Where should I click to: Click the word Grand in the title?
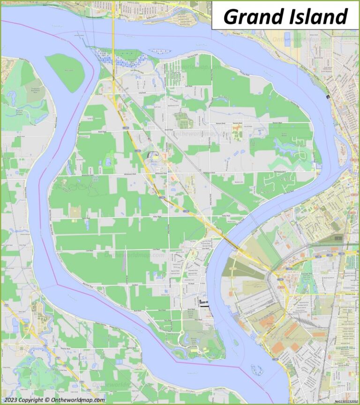247,16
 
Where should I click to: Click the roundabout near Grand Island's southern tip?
182,333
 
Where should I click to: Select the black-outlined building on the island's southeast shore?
203,303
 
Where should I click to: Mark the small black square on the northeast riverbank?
328,96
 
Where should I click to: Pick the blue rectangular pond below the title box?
287,39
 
